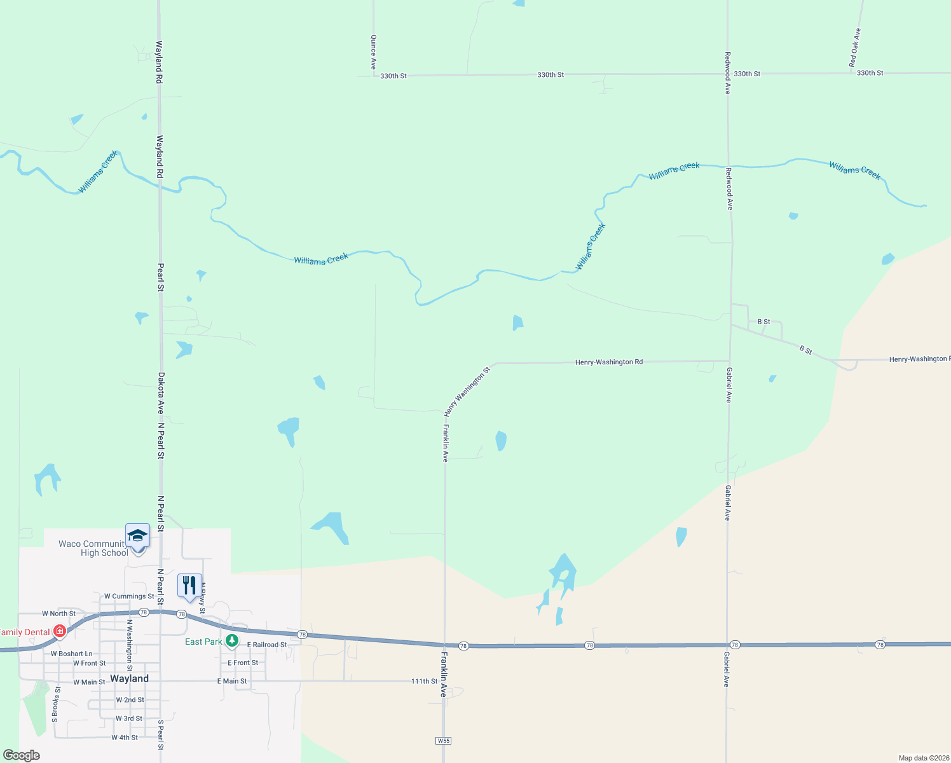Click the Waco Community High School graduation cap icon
pyautogui.click(x=138, y=535)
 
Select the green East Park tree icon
pyautogui.click(x=232, y=641)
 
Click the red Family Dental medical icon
pyautogui.click(x=60, y=631)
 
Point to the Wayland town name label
pyautogui.click(x=129, y=678)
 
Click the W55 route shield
pyautogui.click(x=444, y=741)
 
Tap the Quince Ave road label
pyautogui.click(x=374, y=52)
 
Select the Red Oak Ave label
pyautogui.click(x=855, y=48)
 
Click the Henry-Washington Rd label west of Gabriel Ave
pyautogui.click(x=608, y=362)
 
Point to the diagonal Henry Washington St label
pyautogui.click(x=467, y=391)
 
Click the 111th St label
pyautogui.click(x=424, y=681)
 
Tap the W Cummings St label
pyautogui.click(x=129, y=596)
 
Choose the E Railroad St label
pyautogui.click(x=267, y=645)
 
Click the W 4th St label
pyautogui.click(x=125, y=738)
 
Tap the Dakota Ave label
pyautogui.click(x=161, y=393)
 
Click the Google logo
pyautogui.click(x=22, y=755)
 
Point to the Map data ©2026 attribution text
pyautogui.click(x=922, y=758)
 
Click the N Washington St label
pyautogui.click(x=129, y=645)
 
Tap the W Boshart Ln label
pyautogui.click(x=71, y=654)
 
